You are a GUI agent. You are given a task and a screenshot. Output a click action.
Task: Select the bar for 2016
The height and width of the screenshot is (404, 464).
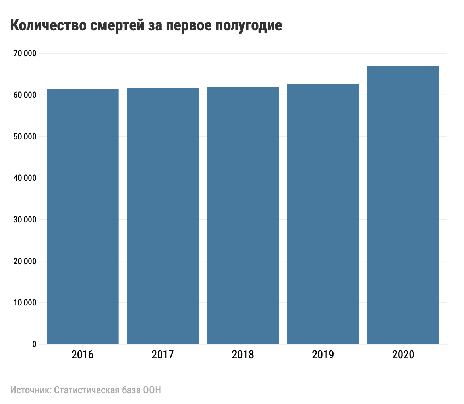(x=82, y=216)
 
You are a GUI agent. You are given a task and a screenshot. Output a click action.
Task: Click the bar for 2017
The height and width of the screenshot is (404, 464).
(x=163, y=216)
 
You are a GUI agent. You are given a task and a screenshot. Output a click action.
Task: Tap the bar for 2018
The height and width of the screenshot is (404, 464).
(x=243, y=215)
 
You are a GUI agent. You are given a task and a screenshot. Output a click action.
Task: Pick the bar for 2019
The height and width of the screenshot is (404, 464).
(x=323, y=214)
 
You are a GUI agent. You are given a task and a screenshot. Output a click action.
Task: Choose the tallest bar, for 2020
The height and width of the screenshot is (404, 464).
(x=403, y=205)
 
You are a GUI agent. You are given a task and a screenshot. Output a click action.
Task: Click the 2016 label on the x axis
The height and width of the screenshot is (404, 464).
(x=82, y=355)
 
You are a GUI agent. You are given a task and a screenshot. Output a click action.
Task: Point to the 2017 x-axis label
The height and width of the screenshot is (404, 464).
(x=163, y=355)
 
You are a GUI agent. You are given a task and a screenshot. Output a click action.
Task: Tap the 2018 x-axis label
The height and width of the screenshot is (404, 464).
(x=243, y=355)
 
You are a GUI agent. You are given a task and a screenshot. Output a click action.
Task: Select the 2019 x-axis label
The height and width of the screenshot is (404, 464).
(x=323, y=355)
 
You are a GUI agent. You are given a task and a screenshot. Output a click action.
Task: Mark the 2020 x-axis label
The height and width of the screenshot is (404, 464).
(x=403, y=355)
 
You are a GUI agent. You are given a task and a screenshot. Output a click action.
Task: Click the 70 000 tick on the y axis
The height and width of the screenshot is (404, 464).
(x=25, y=53)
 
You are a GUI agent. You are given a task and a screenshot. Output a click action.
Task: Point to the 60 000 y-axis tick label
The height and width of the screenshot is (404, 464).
(x=25, y=95)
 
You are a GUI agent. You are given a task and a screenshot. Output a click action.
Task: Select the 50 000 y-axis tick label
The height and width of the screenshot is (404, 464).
(x=25, y=137)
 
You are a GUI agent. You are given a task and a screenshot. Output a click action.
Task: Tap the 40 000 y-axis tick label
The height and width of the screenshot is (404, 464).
(x=25, y=178)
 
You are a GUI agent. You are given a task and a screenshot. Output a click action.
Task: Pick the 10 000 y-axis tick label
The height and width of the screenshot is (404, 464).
(x=25, y=303)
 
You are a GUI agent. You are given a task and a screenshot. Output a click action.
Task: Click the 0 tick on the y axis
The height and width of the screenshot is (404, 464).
(x=34, y=344)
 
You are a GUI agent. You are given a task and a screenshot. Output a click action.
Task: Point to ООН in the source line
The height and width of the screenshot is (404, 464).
(x=152, y=390)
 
